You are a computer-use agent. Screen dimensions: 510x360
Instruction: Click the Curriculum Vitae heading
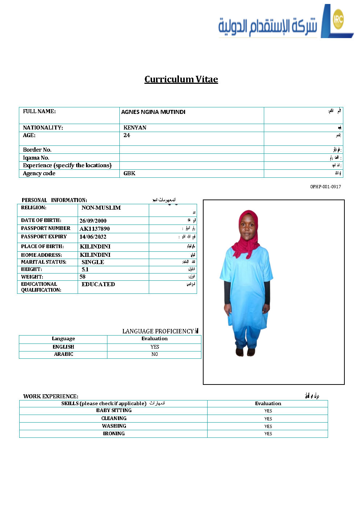coord(181,79)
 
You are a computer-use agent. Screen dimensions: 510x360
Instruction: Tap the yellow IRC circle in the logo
coord(338,19)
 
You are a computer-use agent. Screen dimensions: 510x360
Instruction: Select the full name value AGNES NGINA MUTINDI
coord(153,112)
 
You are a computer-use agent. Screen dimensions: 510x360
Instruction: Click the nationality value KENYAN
coord(135,128)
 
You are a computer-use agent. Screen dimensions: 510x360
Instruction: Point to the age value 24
coord(127,135)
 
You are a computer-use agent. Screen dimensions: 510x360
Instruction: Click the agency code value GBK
coord(129,173)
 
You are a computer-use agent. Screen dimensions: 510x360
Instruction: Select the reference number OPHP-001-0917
coord(325,187)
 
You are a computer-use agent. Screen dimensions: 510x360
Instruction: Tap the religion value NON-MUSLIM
coord(101,208)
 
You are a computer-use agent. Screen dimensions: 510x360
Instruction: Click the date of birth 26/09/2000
coord(93,221)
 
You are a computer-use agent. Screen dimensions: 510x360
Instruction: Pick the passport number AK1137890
coord(94,229)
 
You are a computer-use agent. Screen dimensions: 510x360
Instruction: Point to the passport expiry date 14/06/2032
coord(93,237)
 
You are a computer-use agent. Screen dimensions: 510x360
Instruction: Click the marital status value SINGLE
coord(93,262)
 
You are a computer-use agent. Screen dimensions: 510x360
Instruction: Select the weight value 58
coord(82,277)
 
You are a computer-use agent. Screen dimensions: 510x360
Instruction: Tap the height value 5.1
coord(85,270)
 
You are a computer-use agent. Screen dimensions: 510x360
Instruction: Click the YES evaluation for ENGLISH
coord(155,347)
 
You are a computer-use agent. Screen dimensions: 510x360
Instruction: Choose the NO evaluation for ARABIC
coord(155,354)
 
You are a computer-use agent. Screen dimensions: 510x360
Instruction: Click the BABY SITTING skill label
coord(114,411)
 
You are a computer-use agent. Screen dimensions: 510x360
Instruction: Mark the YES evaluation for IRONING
coord(268,434)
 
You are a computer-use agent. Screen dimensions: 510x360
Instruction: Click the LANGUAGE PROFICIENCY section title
coord(158,331)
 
